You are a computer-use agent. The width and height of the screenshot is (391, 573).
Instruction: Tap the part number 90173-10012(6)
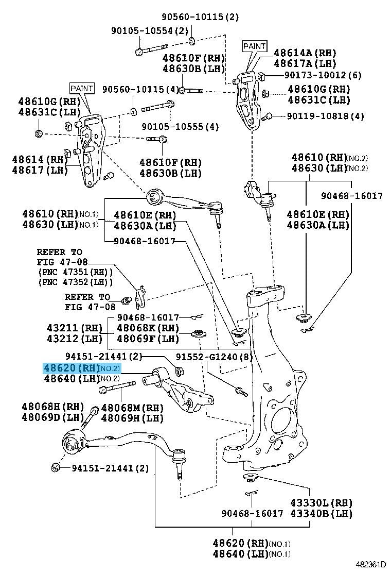323,75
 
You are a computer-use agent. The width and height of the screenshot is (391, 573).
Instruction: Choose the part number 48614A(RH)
305,52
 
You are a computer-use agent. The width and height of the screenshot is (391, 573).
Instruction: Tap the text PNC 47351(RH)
75,272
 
